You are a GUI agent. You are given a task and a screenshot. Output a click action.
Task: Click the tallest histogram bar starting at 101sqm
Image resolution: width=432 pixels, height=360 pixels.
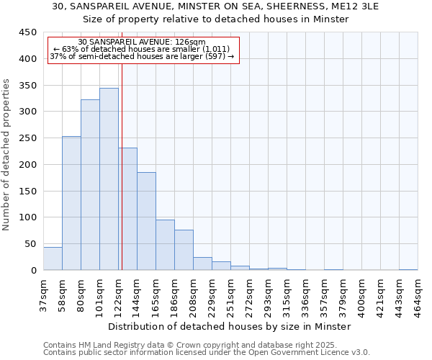coord(109,179)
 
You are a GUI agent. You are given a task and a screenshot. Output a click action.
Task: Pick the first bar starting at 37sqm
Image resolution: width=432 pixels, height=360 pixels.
coord(53,258)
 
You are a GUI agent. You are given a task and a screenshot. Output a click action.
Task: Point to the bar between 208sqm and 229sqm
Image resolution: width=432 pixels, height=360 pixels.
coord(202,264)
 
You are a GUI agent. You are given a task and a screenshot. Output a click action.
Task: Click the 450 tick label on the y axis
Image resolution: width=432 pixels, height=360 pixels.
coord(28,32)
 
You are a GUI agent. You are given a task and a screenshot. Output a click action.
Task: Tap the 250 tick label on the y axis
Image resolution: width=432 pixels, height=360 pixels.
coord(28,138)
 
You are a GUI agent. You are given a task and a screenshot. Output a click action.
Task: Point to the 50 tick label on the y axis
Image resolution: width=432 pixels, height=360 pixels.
coord(31,244)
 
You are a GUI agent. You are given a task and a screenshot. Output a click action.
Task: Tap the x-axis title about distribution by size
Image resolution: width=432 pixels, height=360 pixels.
coord(230,326)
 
